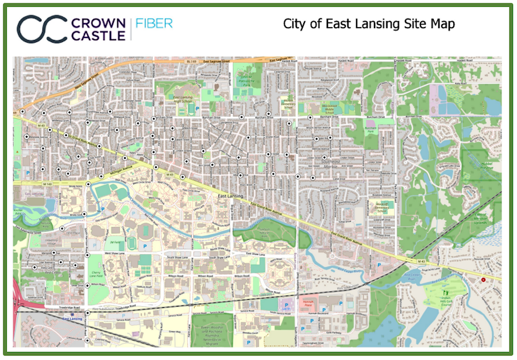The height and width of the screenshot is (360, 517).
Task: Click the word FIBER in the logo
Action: (154, 24)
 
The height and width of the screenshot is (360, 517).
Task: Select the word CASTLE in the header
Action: (98, 36)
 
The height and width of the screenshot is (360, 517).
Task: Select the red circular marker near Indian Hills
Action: (484, 280)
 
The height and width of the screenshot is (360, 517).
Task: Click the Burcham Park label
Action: (370, 131)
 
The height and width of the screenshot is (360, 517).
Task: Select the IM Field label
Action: (115, 244)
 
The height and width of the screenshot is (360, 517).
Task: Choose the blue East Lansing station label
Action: (74, 319)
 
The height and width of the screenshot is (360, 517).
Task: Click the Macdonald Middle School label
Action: (330, 107)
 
